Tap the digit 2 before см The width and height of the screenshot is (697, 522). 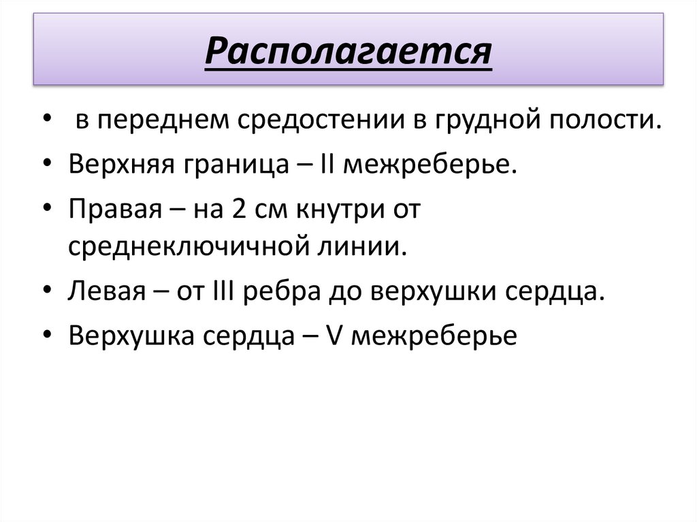pyautogui.click(x=240, y=208)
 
